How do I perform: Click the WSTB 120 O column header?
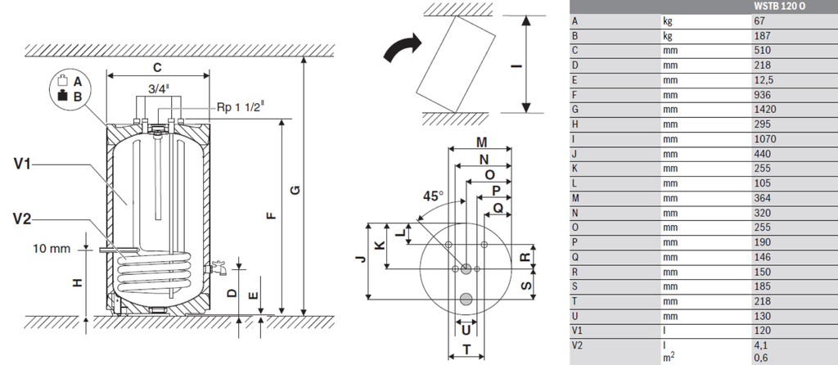point(779,7)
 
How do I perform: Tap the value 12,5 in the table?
point(764,80)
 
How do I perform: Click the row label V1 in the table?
point(576,331)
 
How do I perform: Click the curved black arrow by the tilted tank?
point(403,47)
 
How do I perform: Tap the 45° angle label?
point(434,196)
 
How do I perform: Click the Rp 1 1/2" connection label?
point(241,107)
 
